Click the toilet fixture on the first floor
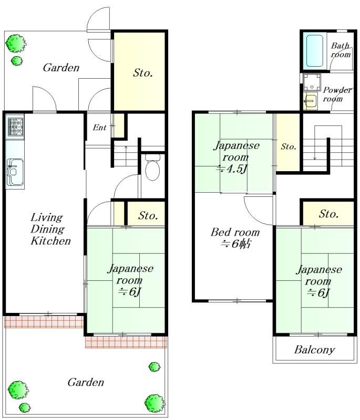tap(153, 167)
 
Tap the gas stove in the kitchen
tap(15, 127)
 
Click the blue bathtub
tap(314, 50)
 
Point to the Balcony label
tap(314, 350)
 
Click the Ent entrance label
tap(99, 128)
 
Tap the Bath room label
tap(341, 50)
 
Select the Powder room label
tap(337, 94)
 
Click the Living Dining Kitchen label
tap(50, 229)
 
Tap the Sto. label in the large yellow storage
tap(142, 73)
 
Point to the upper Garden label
tap(61, 68)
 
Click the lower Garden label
tap(86, 382)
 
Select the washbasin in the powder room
tap(311, 101)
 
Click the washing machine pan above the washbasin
tap(312, 82)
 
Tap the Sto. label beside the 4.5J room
tap(289, 147)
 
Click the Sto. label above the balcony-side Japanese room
tap(328, 214)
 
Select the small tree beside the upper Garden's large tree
tap(17, 61)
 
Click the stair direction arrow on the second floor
tap(315, 142)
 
